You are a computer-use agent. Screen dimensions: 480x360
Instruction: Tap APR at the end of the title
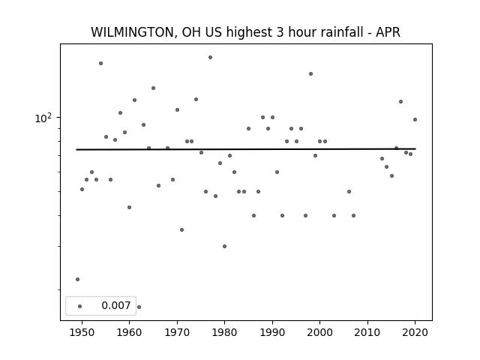[x=388, y=32]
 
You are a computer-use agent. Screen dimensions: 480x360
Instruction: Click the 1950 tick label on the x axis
[x=82, y=332]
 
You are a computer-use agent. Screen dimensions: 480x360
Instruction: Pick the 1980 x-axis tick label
[x=224, y=332]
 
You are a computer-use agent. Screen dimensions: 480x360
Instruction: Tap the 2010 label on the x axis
[x=367, y=332]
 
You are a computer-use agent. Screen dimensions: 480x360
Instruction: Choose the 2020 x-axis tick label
[x=415, y=332]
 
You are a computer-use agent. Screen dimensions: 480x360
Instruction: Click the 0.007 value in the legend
[x=116, y=305]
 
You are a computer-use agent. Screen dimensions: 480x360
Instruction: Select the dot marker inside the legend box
[x=80, y=306]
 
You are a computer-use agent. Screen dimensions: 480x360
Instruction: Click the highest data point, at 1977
[x=210, y=57]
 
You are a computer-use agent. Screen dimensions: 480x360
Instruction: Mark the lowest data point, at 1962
[x=139, y=307]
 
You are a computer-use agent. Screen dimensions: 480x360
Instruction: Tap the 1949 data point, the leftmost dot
[x=77, y=279]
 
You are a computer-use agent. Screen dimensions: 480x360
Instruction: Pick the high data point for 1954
[x=100, y=63]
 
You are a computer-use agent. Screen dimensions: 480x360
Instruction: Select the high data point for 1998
[x=310, y=73]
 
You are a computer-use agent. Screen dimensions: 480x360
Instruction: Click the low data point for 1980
[x=224, y=247]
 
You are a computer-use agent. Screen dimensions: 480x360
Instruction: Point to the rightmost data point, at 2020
[x=415, y=120]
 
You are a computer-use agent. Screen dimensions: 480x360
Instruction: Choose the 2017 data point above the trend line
[x=400, y=102]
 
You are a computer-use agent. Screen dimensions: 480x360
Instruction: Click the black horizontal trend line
[x=246, y=149]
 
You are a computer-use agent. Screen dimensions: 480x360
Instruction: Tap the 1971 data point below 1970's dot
[x=181, y=230]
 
